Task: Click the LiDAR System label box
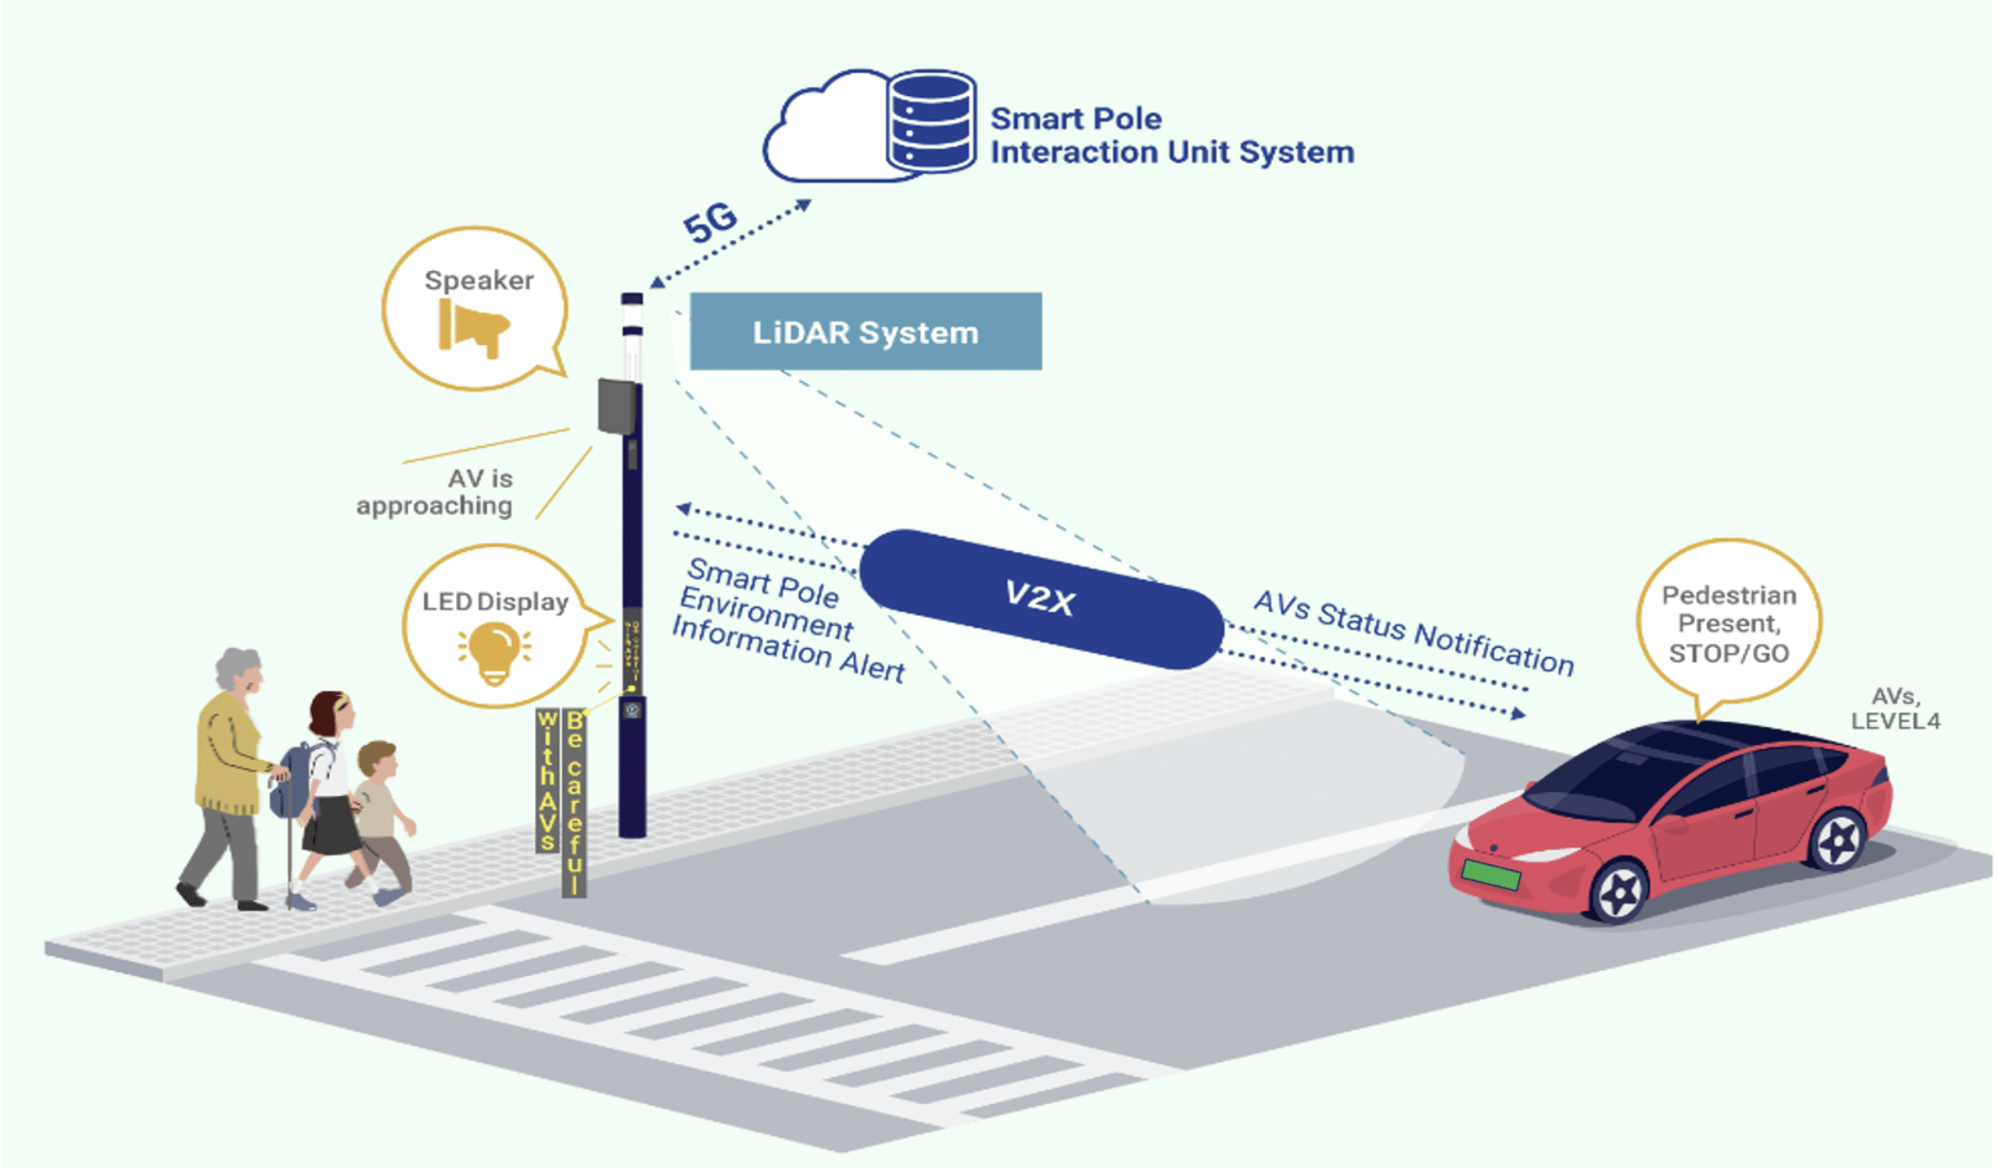click(x=865, y=332)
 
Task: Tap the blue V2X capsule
click(x=1041, y=598)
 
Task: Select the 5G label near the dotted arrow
click(x=709, y=224)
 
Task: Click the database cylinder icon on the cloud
click(x=931, y=120)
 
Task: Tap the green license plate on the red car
click(x=1491, y=873)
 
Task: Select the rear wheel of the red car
click(x=1838, y=840)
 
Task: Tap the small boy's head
click(x=377, y=759)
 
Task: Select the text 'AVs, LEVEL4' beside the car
click(x=1894, y=709)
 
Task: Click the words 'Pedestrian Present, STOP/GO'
click(x=1728, y=624)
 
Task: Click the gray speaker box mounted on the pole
click(x=617, y=406)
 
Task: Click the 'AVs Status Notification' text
click(x=1413, y=633)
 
